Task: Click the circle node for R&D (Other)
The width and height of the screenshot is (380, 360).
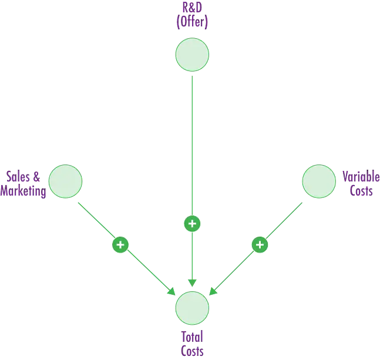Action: pos(192,55)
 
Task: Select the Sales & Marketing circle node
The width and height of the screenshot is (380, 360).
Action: pos(65,181)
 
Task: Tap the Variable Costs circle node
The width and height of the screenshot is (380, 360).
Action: pos(319,181)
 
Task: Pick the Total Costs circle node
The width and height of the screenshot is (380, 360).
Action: pos(192,308)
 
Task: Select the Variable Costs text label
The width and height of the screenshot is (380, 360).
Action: pos(359,184)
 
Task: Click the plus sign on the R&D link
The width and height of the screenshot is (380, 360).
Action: pos(192,224)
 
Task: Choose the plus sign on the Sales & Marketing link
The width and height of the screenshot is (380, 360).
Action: pos(120,244)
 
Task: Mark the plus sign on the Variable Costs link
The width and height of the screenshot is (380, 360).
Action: pos(260,244)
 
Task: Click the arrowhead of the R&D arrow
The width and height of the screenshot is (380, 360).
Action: pos(192,282)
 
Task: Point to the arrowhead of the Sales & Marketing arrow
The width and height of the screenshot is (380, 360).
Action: pos(171,291)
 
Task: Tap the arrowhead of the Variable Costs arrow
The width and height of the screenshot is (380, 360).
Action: pos(213,291)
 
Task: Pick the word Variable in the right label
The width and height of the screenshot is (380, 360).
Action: pos(359,177)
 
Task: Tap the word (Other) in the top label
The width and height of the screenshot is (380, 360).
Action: pos(192,23)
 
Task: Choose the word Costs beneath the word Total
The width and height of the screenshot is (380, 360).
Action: pos(192,353)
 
